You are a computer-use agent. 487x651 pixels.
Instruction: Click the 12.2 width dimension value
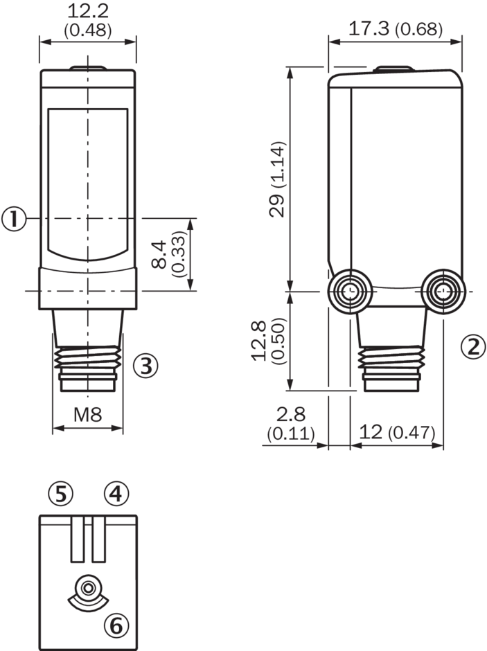click(x=87, y=11)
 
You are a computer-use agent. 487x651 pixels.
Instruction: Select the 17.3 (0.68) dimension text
click(x=396, y=29)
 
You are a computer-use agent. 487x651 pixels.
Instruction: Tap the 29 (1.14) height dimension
click(x=277, y=179)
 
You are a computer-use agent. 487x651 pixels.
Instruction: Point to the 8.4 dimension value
click(x=159, y=254)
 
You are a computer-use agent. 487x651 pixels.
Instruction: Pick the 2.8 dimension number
click(x=291, y=414)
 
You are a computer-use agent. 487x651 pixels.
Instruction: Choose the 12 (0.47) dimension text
click(x=397, y=432)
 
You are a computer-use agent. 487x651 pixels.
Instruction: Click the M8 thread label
click(x=87, y=414)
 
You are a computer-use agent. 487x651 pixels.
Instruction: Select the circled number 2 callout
click(x=474, y=346)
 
